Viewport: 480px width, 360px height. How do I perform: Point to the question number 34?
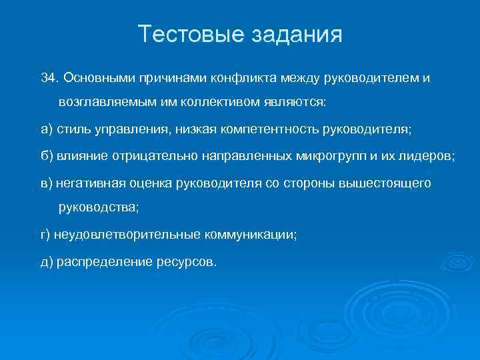point(50,79)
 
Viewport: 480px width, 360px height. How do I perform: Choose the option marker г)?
point(46,235)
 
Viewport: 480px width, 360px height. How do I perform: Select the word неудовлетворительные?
point(124,235)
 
